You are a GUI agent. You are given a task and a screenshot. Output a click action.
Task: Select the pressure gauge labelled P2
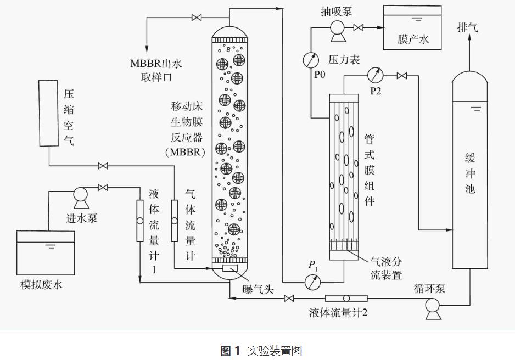click(x=376, y=74)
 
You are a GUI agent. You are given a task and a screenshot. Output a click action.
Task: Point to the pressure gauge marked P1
click(x=313, y=281)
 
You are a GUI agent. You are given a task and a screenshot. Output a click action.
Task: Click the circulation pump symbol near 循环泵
click(x=433, y=312)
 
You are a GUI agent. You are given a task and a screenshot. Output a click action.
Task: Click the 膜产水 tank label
click(x=412, y=39)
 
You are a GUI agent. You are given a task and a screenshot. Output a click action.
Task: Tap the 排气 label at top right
click(x=467, y=27)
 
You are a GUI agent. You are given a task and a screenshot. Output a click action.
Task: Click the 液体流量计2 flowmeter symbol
click(x=346, y=299)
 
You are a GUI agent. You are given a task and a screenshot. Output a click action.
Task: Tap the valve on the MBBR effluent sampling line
click(x=196, y=18)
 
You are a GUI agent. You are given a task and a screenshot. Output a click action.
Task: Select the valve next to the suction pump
click(x=359, y=27)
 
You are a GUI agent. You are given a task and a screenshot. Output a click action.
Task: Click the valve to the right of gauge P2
click(x=402, y=75)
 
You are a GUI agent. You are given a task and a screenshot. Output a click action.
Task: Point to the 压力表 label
click(x=344, y=59)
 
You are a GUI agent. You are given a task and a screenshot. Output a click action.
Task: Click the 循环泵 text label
click(x=429, y=290)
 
